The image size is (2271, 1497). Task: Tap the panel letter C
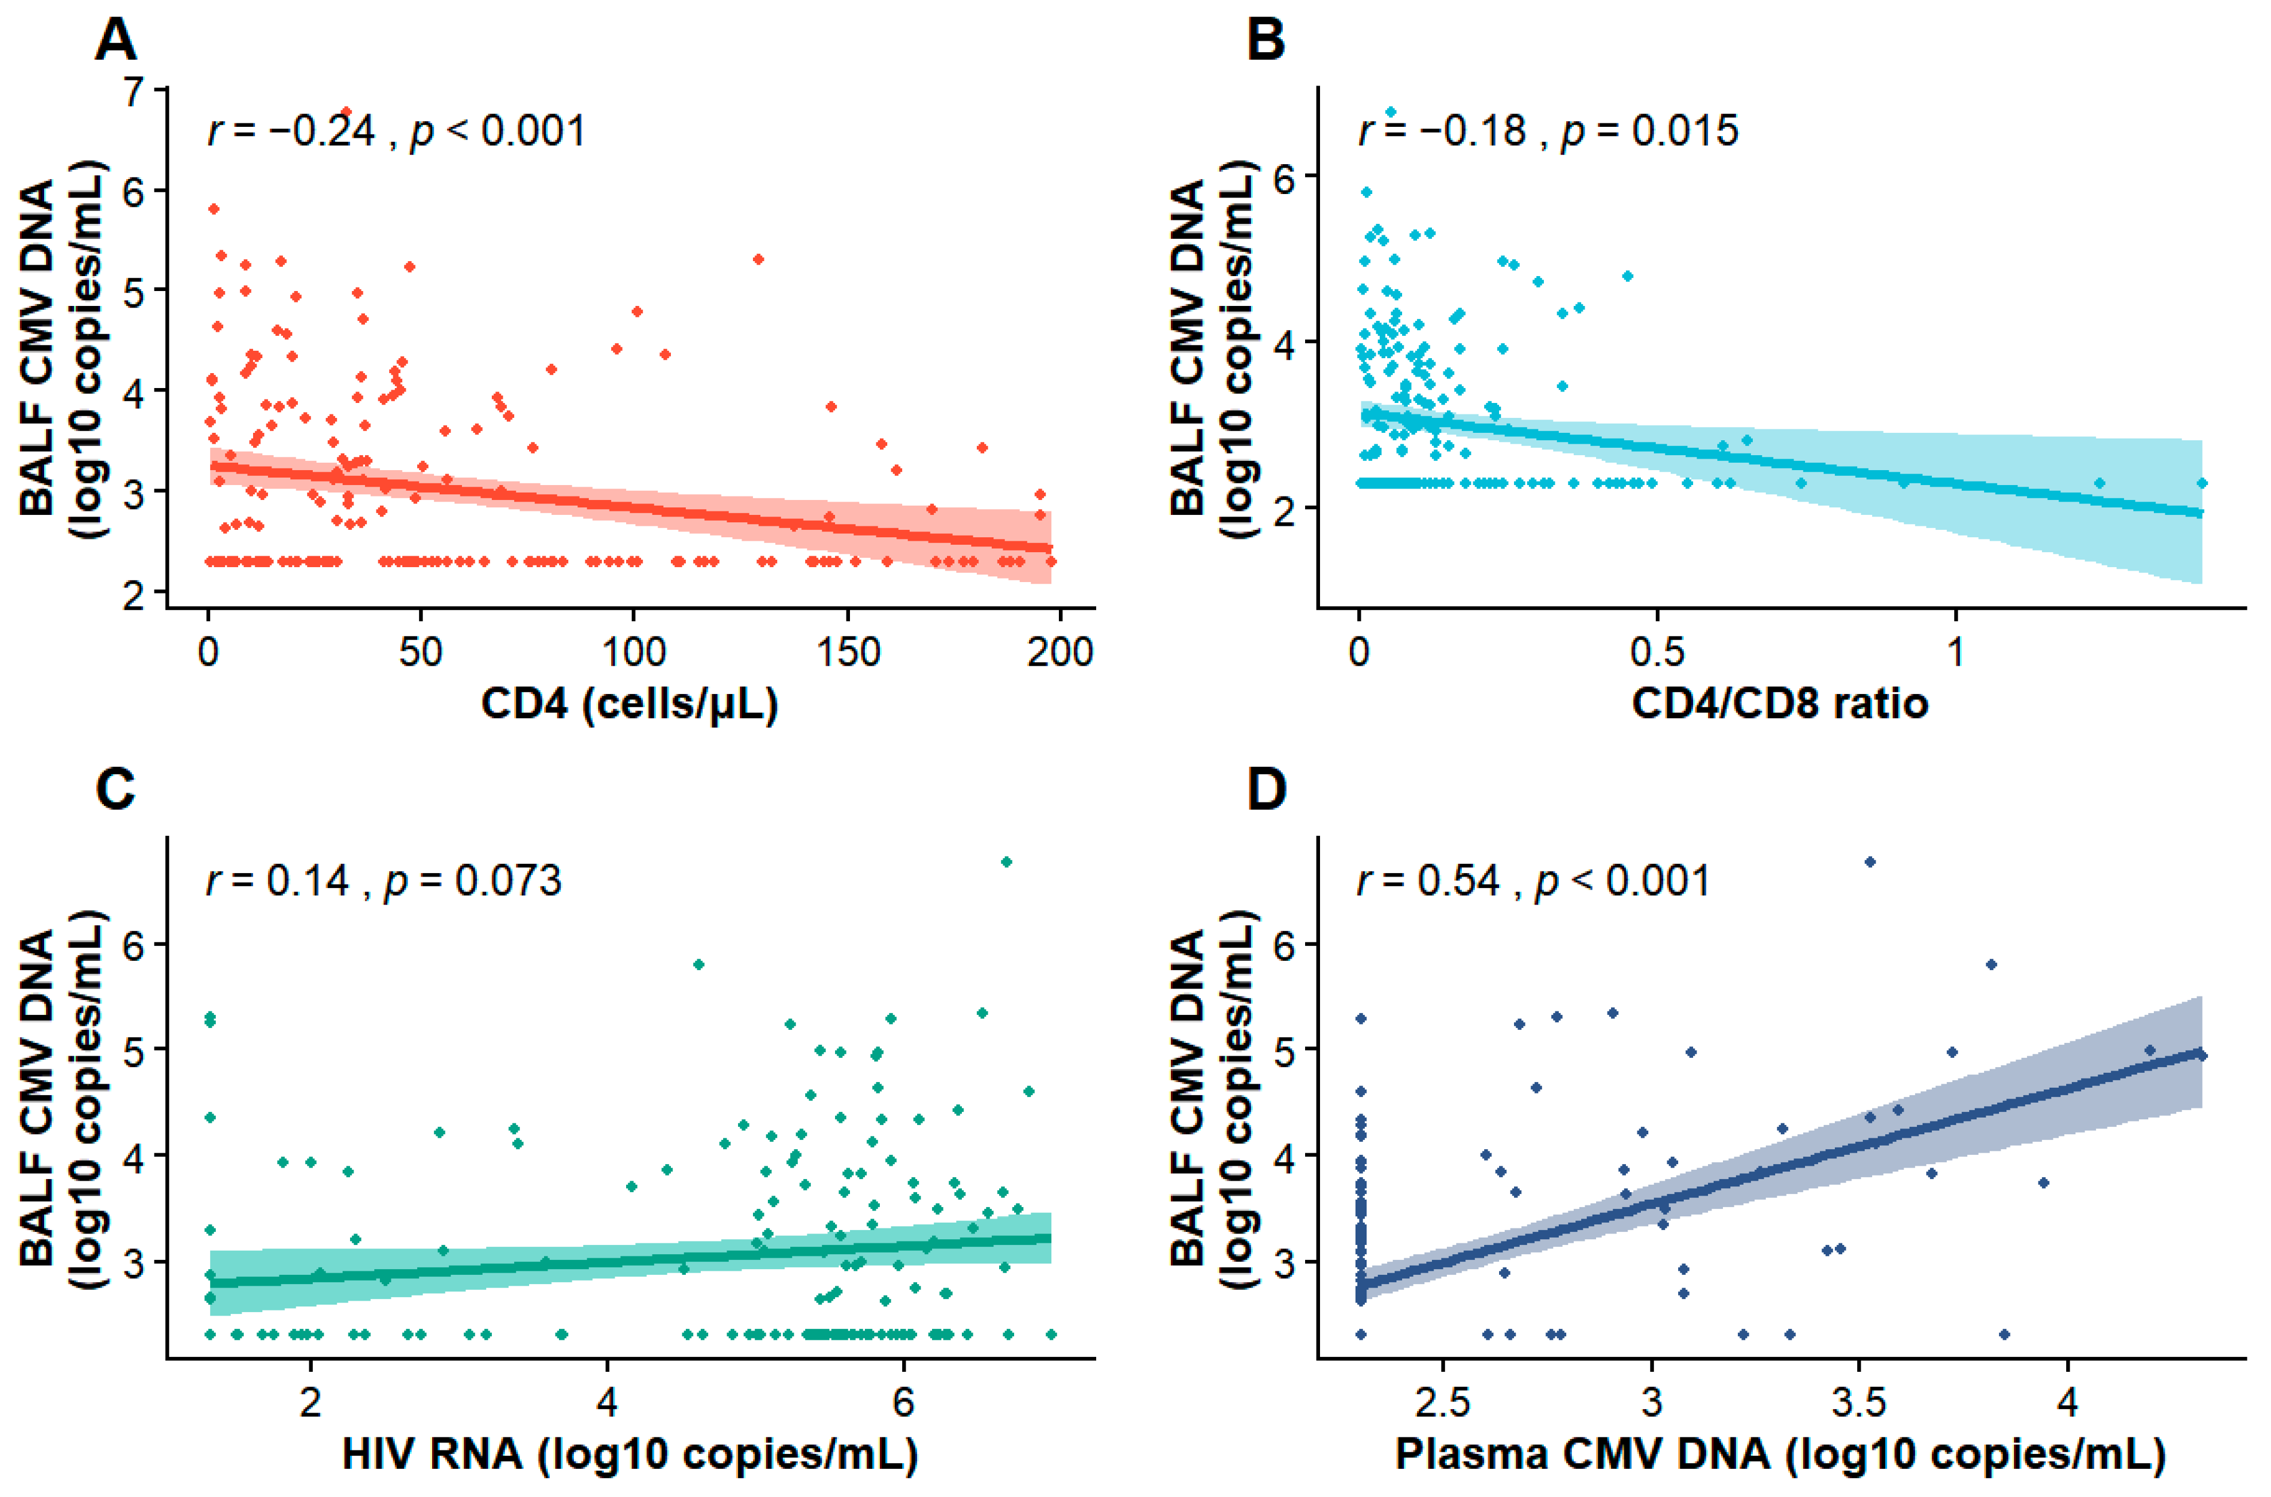point(115,790)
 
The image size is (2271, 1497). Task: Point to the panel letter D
point(1267,790)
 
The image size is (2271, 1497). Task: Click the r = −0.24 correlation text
point(291,131)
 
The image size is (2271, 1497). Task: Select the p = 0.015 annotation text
point(1649,131)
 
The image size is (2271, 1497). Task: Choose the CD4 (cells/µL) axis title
point(629,704)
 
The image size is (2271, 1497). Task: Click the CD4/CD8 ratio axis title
point(1779,704)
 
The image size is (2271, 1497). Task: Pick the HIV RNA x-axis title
point(629,1454)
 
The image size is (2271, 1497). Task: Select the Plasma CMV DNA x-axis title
point(1779,1454)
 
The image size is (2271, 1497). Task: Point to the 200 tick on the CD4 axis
point(1059,652)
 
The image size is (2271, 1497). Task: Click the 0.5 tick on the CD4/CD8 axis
point(1656,652)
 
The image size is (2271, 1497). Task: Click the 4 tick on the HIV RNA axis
point(607,1402)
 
